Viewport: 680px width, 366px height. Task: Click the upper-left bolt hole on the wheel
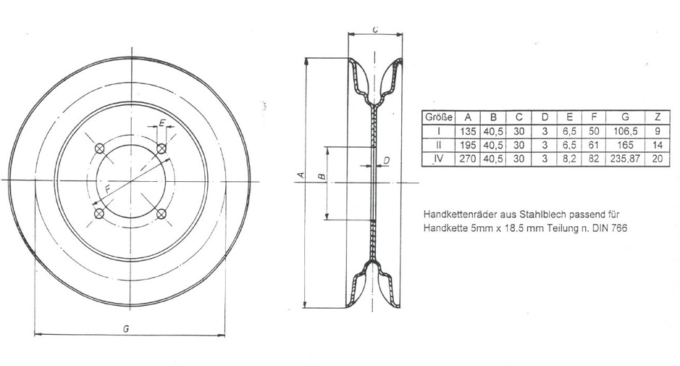pyautogui.click(x=99, y=149)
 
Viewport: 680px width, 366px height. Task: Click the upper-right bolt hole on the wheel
pyautogui.click(x=162, y=149)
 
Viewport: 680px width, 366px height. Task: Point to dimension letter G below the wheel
pyautogui.click(x=126, y=328)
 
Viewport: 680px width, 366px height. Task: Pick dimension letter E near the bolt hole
pyautogui.click(x=161, y=123)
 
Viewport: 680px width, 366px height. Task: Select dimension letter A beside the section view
pyautogui.click(x=298, y=175)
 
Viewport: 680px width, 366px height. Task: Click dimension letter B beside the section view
pyautogui.click(x=321, y=176)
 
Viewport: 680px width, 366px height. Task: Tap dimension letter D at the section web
pyautogui.click(x=386, y=160)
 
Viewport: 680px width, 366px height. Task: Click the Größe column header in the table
pyautogui.click(x=437, y=117)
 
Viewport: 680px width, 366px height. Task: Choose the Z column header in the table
pyautogui.click(x=656, y=117)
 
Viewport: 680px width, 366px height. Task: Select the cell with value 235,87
pyautogui.click(x=624, y=158)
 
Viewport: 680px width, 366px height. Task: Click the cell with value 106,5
pyautogui.click(x=624, y=131)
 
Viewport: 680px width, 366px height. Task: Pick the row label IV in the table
pyautogui.click(x=437, y=158)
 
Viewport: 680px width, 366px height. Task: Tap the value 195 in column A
pyautogui.click(x=468, y=145)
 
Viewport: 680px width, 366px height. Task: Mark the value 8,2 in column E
pyautogui.click(x=570, y=158)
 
